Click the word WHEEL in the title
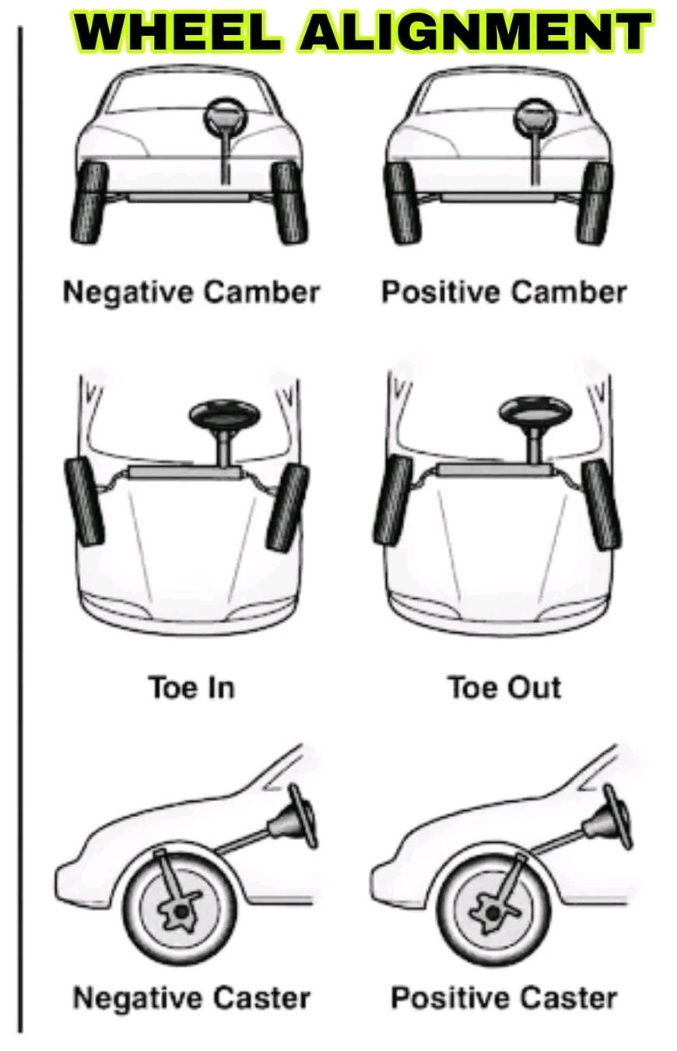[180, 33]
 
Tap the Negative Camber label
[191, 293]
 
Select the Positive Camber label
[503, 293]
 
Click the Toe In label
[191, 687]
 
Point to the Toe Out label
[503, 687]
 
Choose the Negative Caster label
[191, 997]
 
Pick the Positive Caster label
[503, 997]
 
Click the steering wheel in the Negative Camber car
[224, 117]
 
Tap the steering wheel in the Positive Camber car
[536, 117]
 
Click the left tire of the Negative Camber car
[89, 203]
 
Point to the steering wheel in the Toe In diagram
[225, 413]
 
